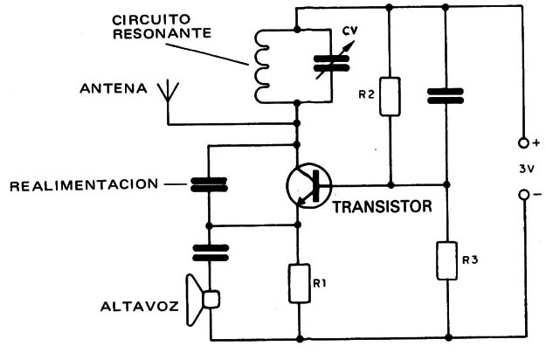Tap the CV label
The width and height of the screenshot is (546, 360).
[349, 33]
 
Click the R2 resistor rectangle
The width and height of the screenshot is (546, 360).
[391, 96]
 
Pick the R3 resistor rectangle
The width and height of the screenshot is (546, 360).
[446, 259]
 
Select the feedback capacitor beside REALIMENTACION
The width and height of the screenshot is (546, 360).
[209, 184]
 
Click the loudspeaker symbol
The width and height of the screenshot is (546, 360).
[202, 300]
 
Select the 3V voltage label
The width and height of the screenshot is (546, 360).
[523, 169]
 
